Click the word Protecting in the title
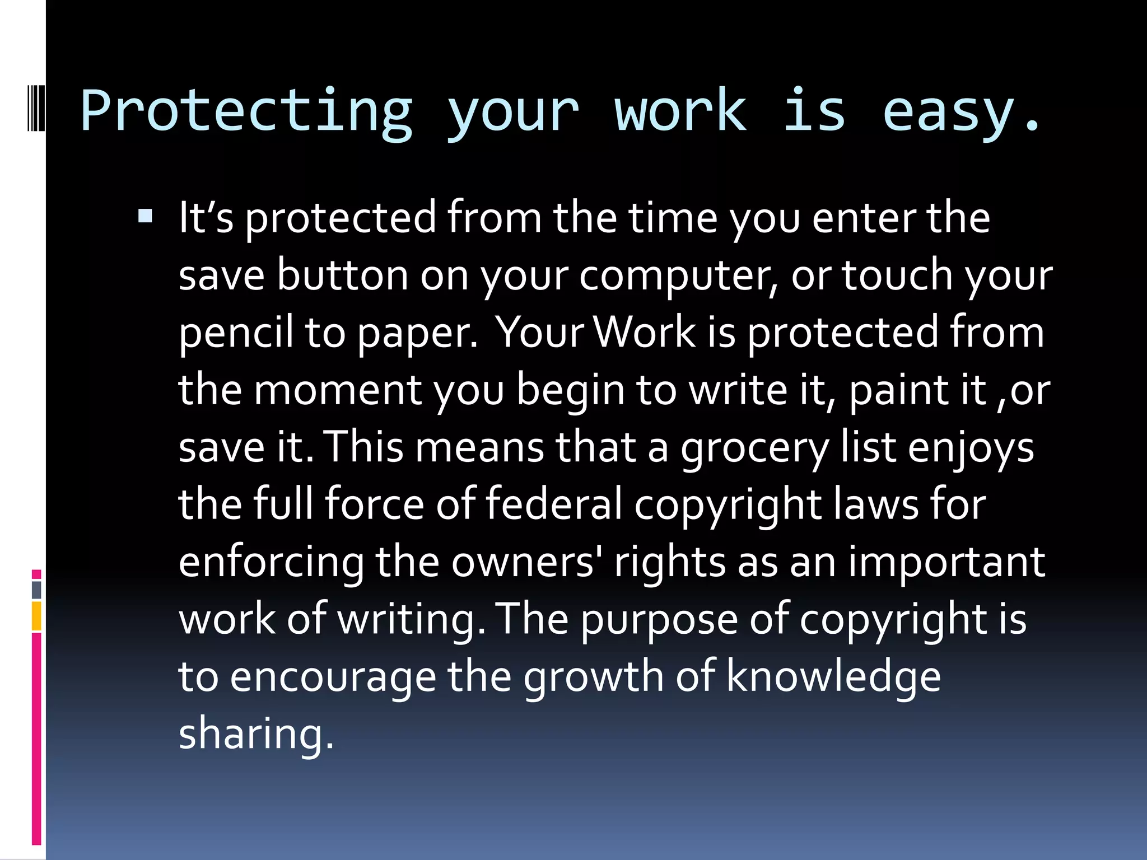click(246, 112)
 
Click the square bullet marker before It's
click(145, 216)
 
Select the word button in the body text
click(342, 275)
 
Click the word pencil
click(236, 333)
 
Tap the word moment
click(338, 390)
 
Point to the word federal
click(554, 504)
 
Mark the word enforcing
click(271, 562)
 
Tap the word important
click(946, 562)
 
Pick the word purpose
click(659, 620)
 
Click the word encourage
click(333, 677)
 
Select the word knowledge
click(833, 677)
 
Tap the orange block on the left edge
click(36, 616)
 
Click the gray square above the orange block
click(36, 590)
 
